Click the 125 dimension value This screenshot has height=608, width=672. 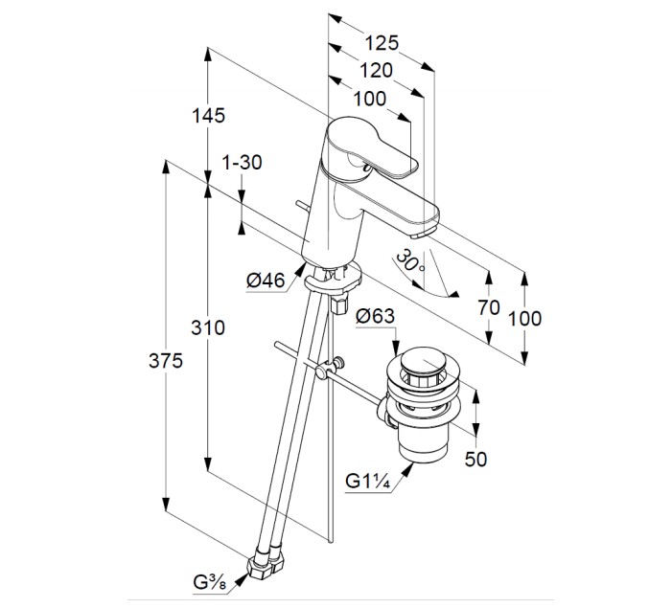point(381,43)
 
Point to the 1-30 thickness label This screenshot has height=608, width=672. point(242,162)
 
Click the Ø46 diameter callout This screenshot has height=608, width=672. point(266,280)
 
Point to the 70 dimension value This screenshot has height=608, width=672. point(489,308)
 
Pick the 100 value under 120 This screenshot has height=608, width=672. point(370,98)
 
